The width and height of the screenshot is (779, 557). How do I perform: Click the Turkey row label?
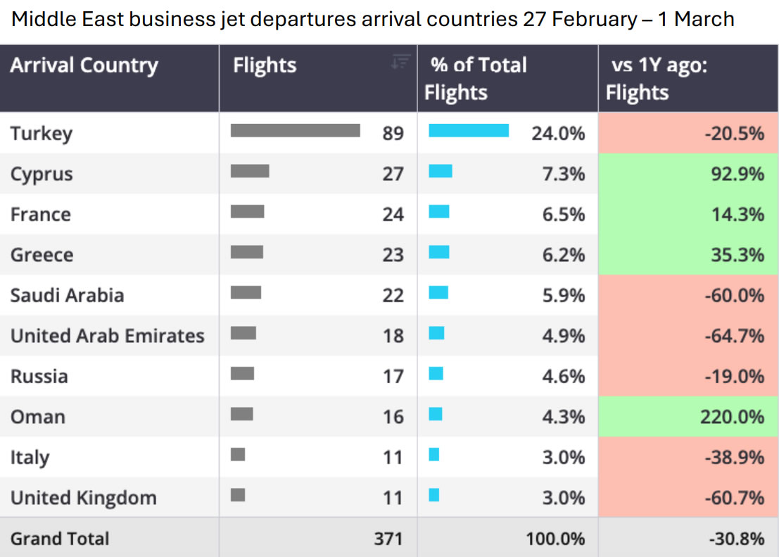42,133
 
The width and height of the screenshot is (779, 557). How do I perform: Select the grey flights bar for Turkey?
295,131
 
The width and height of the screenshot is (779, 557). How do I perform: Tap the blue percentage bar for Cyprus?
441,171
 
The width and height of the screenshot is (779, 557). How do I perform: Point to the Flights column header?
265,65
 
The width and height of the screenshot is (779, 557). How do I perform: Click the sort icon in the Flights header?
400,62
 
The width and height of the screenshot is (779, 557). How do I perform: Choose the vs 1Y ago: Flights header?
654,78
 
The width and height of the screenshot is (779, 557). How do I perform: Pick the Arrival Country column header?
84,65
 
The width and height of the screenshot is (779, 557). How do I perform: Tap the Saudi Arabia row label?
67,295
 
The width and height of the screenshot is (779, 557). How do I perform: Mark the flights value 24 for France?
393,214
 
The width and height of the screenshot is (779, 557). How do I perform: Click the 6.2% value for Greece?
563,255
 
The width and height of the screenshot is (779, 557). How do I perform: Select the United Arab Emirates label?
107,336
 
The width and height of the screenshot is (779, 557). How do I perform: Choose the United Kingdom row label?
83,498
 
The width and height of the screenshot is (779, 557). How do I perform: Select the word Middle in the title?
37,19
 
